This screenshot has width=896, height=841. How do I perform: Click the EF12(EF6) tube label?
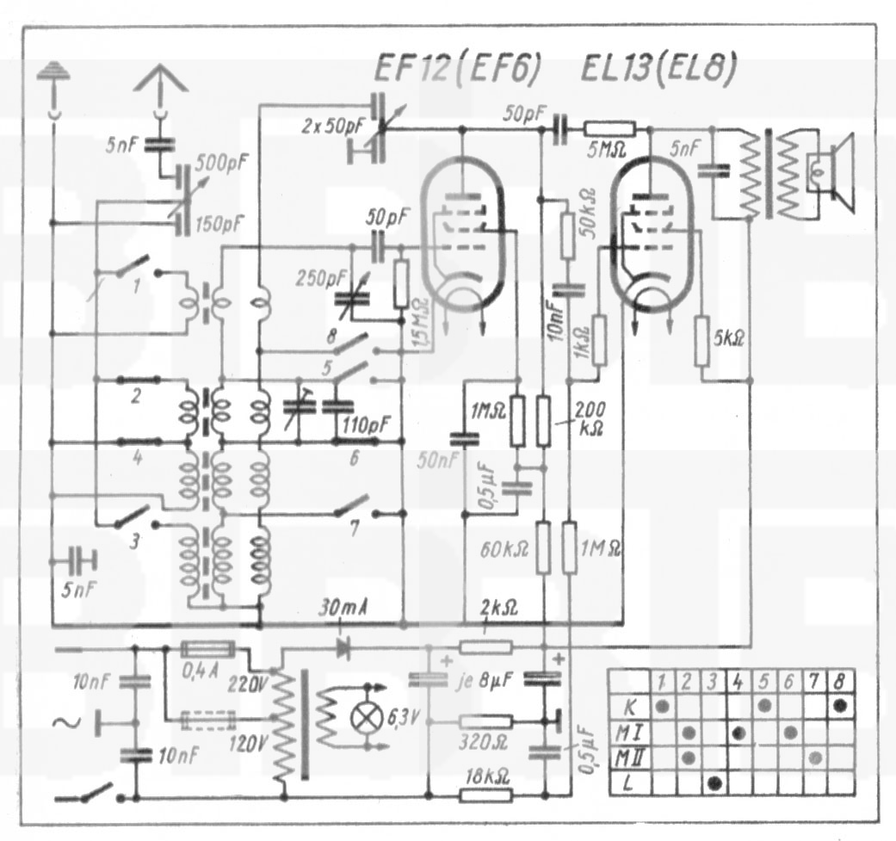point(457,68)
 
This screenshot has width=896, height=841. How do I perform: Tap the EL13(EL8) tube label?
point(654,68)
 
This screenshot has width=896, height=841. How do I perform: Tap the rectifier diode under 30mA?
point(345,648)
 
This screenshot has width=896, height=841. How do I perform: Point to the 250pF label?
point(317,279)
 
